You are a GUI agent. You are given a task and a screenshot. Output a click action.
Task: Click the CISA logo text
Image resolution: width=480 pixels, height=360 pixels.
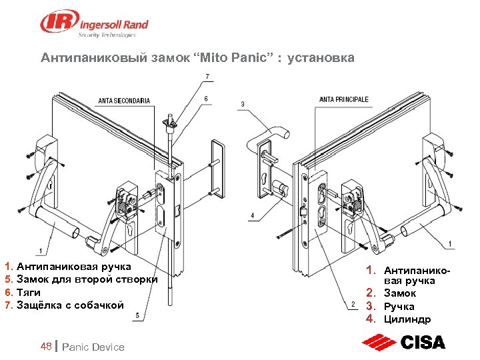[423, 342]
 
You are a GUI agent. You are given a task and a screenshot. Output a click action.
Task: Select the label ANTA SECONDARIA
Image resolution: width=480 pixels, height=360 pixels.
[124, 101]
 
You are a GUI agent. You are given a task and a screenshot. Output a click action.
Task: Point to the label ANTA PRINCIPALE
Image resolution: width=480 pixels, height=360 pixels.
[344, 99]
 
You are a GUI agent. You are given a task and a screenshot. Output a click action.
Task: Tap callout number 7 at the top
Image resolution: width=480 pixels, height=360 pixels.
[207, 76]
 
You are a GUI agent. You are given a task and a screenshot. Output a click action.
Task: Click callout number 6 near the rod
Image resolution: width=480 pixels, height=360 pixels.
[206, 99]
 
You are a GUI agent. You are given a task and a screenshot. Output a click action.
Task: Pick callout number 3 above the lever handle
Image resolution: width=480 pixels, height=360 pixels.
[243, 104]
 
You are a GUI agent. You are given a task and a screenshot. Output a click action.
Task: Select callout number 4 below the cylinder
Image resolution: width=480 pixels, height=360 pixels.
[252, 215]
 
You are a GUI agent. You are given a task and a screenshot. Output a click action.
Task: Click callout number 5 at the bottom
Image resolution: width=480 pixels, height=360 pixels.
[137, 315]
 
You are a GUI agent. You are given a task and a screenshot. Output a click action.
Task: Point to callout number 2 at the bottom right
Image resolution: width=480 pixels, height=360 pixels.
[353, 304]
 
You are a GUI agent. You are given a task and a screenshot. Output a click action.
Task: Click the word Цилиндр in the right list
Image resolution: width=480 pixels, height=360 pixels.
[407, 319]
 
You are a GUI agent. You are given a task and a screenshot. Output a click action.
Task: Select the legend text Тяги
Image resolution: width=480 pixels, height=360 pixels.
[29, 293]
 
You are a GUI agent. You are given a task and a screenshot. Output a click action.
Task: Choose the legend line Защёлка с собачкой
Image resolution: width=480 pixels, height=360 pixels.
[70, 305]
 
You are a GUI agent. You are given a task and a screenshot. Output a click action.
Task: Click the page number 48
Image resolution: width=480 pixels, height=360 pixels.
[46, 346]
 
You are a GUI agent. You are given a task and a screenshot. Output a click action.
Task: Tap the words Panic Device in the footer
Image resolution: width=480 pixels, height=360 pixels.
[93, 347]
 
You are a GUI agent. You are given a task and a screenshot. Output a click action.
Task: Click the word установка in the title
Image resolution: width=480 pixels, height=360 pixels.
[321, 57]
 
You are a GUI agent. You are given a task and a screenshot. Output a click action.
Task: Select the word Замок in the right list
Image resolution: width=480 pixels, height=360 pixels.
[400, 293]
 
